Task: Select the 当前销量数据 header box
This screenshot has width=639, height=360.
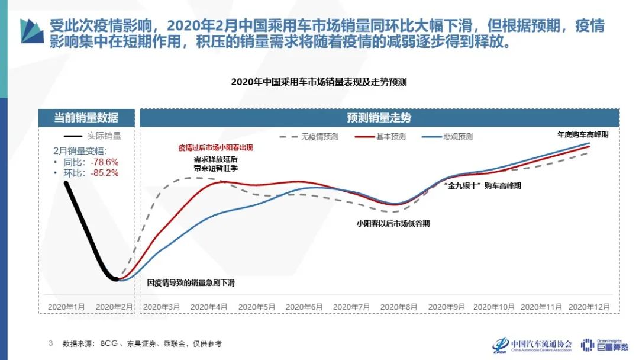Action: tap(86, 117)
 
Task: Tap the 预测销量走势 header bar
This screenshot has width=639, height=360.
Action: tap(379, 117)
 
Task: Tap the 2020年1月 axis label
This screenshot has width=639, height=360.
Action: tap(66, 307)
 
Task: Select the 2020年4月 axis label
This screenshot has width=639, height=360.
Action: tap(209, 307)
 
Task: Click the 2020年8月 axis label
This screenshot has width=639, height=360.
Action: tap(399, 307)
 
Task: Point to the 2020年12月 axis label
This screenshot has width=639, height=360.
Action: tap(589, 307)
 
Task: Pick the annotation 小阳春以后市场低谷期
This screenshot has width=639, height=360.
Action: tap(393, 224)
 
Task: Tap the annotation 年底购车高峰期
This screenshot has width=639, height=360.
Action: tap(583, 134)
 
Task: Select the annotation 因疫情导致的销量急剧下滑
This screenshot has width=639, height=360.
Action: tap(191, 283)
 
